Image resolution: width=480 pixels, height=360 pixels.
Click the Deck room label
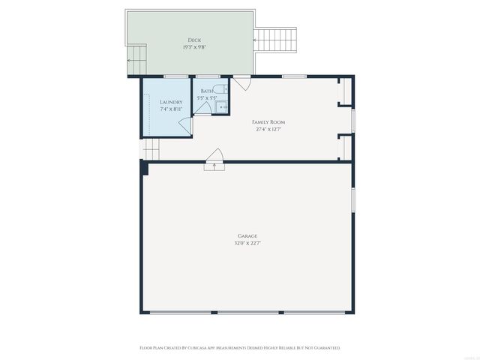coord(193,40)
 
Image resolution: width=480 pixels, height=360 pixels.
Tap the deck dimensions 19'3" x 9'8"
coord(193,47)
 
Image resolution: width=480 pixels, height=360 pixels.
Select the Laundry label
coord(171,102)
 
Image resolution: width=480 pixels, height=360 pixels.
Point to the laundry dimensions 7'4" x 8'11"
coord(171,109)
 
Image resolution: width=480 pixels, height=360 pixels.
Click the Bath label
coord(206,91)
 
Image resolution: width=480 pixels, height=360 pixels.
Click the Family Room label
coord(268,121)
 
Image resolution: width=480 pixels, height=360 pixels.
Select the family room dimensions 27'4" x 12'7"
coord(268,129)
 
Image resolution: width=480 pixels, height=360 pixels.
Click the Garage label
coord(248,235)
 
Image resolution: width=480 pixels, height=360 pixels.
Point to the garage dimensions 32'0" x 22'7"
coord(248,243)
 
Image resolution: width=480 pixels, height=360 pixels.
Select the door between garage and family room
coord(214,159)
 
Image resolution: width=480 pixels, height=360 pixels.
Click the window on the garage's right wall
coord(353,200)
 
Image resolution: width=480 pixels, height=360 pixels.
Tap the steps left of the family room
coord(151,151)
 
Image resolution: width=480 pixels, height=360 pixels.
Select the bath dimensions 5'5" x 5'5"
coord(206,98)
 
